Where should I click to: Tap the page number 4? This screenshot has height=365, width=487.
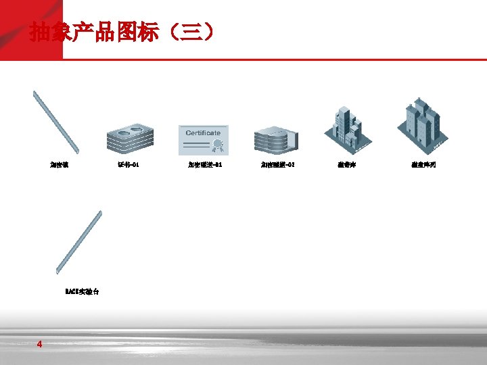(40, 345)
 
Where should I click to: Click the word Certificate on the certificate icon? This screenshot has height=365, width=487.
(203, 132)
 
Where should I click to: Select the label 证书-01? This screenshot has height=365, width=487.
(129, 164)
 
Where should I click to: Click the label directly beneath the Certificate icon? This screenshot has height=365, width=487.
(205, 164)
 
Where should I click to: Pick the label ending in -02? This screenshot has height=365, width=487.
(278, 164)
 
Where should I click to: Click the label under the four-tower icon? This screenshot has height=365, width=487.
(423, 164)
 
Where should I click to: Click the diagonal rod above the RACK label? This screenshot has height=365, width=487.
(79, 242)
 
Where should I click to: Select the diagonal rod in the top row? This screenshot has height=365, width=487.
(56, 122)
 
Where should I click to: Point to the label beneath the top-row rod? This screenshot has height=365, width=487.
(59, 164)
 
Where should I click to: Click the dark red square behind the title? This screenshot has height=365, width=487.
(31, 30)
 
